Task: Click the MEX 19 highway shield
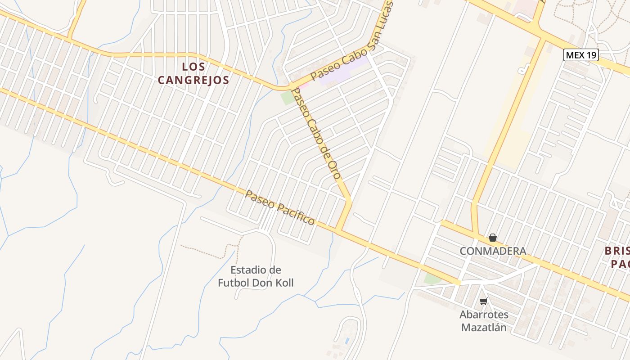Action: [581, 55]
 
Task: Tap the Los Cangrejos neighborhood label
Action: [194, 73]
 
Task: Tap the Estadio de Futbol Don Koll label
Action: [256, 276]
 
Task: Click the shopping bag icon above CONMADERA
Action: [493, 238]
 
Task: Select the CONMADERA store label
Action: [493, 251]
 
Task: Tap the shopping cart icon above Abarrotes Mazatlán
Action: [484, 301]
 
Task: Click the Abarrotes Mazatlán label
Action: [484, 321]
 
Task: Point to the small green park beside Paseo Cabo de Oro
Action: [287, 98]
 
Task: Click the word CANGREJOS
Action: [194, 81]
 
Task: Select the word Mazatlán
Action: [484, 327]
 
